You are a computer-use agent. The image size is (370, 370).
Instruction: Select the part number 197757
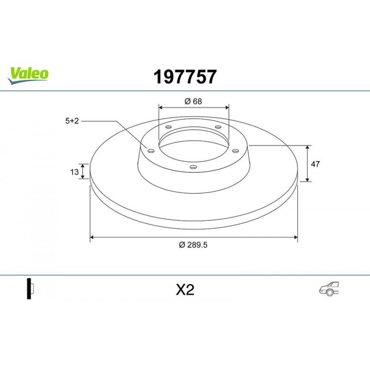[185, 77]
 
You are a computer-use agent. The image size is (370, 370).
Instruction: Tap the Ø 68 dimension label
[193, 101]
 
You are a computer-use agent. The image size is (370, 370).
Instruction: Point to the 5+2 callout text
[72, 121]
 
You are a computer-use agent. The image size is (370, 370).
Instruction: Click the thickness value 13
[74, 172]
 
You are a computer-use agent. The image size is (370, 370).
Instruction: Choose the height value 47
[316, 164]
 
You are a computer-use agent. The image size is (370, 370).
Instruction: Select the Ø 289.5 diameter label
[194, 245]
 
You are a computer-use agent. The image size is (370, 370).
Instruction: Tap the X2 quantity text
[185, 290]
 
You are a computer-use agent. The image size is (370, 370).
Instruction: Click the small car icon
[329, 289]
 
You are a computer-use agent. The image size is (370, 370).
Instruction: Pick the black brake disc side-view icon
[29, 288]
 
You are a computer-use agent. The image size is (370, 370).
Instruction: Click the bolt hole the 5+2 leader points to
[150, 150]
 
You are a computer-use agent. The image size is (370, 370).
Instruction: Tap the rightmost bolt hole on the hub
[235, 150]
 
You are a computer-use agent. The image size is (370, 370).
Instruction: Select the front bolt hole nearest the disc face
[192, 167]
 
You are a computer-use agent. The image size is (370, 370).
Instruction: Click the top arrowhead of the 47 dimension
[307, 147]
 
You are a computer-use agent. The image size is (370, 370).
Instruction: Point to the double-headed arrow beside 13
[83, 171]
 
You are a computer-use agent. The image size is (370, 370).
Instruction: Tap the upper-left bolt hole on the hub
[168, 127]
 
